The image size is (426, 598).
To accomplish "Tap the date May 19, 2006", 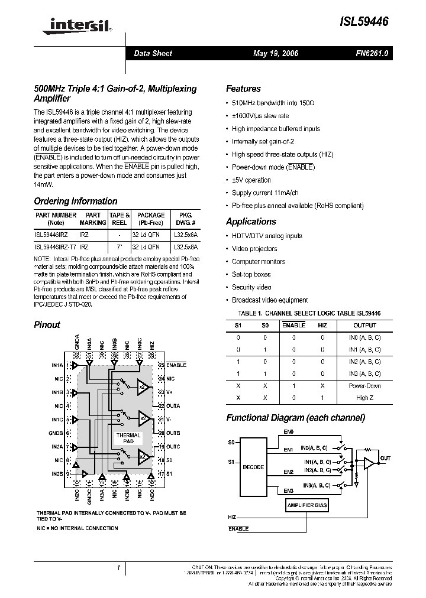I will point(276,54).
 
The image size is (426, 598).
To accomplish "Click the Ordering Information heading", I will point(76,201).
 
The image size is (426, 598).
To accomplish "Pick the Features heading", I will point(243,89).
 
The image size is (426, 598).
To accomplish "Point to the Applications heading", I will point(251,222).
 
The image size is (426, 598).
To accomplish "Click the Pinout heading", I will point(47,324).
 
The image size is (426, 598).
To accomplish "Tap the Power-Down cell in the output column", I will point(364,386).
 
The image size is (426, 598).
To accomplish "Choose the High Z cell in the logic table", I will point(364,398).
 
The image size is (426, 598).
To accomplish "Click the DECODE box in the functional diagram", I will point(253,467).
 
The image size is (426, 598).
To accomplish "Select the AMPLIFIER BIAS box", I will point(307,506).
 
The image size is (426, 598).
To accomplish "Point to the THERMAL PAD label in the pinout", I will point(128,438).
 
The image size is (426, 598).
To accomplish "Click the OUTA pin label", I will point(173,406).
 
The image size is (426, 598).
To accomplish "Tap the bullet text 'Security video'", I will point(251,287).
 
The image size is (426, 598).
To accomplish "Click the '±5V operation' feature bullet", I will point(251,180).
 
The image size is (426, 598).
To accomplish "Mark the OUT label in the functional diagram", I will point(385,458).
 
